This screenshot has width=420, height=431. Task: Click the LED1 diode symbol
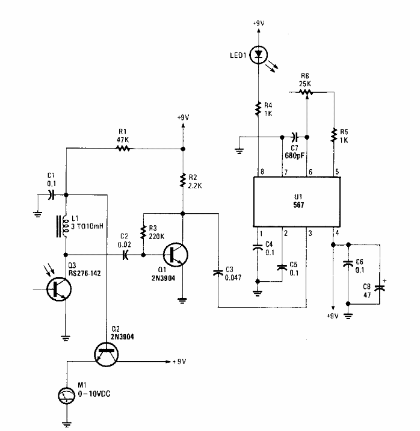[x=259, y=55]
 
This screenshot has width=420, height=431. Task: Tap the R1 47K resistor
[x=124, y=147]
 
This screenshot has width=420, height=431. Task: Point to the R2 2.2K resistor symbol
[x=183, y=179]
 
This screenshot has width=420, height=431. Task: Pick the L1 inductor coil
[x=62, y=226]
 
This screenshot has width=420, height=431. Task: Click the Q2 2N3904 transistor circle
[x=105, y=353]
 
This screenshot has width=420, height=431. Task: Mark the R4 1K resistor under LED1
[x=259, y=109]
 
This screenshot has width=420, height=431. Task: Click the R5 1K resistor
[x=333, y=137]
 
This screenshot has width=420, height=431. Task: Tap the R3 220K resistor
[x=143, y=232]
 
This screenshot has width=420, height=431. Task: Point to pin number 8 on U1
[x=259, y=172]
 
